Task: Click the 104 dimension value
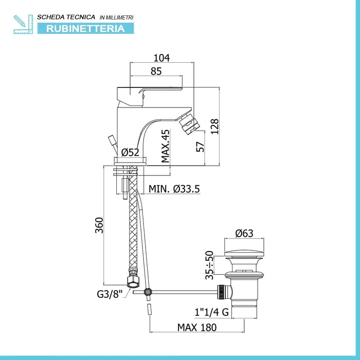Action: click(161, 58)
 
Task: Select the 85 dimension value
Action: click(156, 71)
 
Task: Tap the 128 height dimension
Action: click(214, 127)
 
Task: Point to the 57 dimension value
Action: click(200, 147)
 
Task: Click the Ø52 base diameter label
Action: click(130, 152)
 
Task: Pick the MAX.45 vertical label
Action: click(165, 146)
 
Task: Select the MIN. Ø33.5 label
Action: click(174, 189)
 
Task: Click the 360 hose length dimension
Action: click(99, 225)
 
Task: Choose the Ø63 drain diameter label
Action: click(244, 233)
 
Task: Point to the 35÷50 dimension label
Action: click(209, 265)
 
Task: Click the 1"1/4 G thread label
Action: click(212, 312)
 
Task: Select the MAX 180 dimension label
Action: click(197, 328)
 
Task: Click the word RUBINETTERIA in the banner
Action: click(85, 29)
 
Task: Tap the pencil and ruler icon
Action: click(23, 24)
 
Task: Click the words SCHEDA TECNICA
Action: click(66, 17)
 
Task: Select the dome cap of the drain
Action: click(244, 254)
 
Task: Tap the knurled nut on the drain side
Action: click(221, 292)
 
